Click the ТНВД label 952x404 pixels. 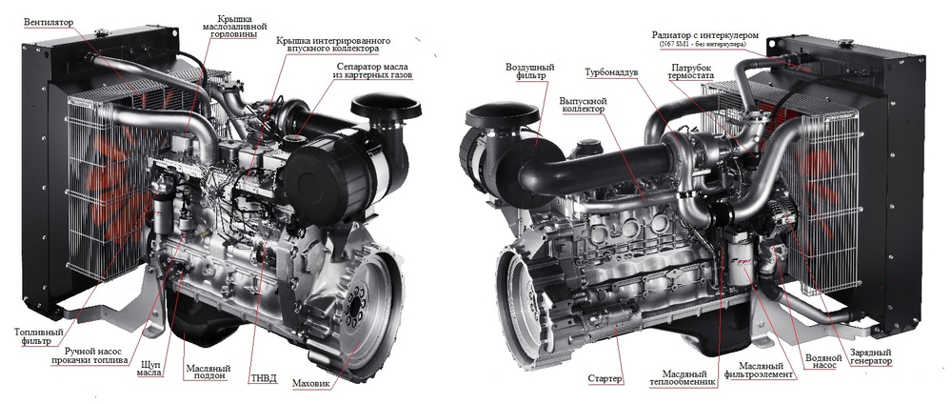coord(266,377)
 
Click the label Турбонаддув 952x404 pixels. coord(611,72)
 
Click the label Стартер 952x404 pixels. coord(605,378)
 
